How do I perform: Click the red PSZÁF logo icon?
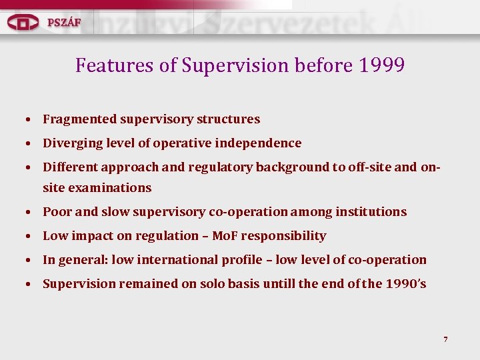tap(23, 22)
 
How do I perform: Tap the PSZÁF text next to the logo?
tap(64, 22)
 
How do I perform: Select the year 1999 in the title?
tap(381, 65)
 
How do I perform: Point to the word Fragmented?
tap(80, 119)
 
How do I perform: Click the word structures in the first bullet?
tap(229, 119)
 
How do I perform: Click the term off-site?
tap(369, 167)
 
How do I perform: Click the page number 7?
tap(445, 340)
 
